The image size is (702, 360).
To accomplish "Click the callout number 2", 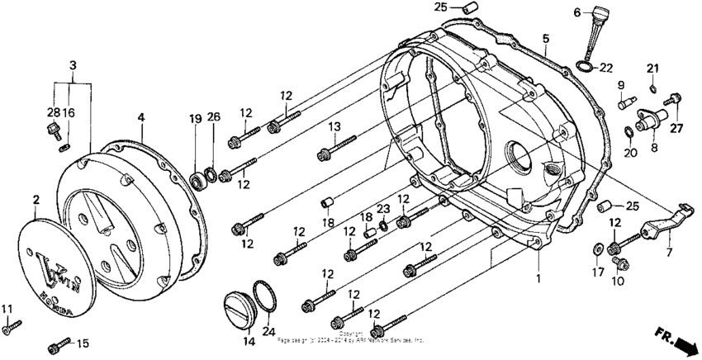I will (36, 199).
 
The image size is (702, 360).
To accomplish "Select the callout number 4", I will (141, 118).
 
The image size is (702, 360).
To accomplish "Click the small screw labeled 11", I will (12, 328).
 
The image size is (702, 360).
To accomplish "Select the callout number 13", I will (334, 126).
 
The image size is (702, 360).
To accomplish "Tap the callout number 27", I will (677, 127).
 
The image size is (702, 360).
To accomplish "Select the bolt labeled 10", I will (618, 262).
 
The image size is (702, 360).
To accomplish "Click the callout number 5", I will (546, 39).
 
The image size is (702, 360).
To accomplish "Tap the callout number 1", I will (538, 279).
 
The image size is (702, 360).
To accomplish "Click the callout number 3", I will (74, 64).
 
